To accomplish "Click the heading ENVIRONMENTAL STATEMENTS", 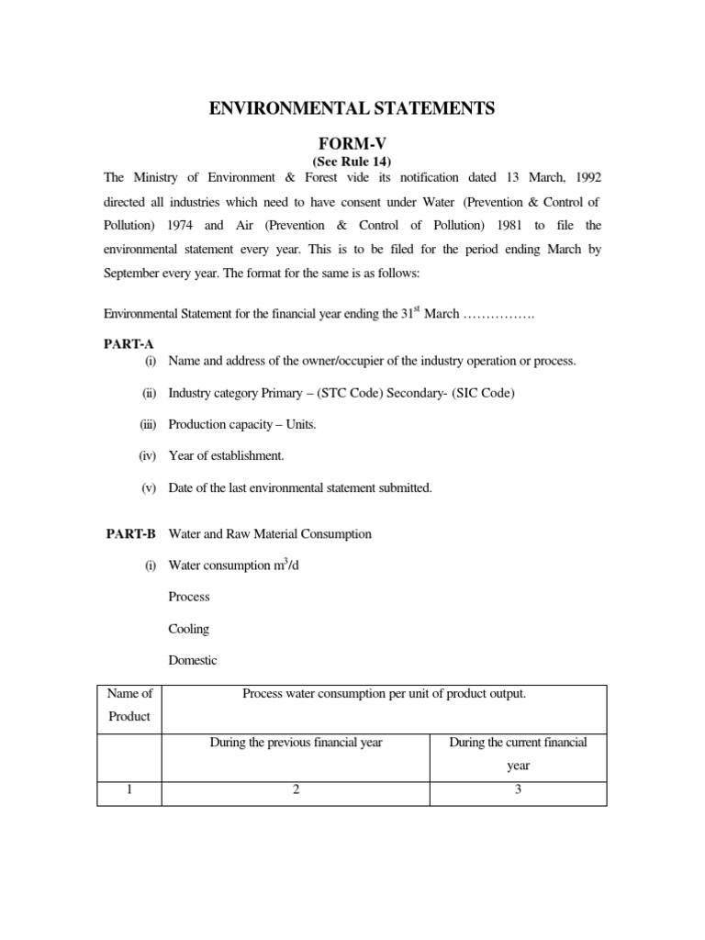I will (352, 109).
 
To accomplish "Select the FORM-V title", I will (352, 143).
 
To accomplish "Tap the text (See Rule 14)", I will (352, 162).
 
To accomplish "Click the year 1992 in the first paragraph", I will (586, 176).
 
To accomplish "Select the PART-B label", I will (123, 533).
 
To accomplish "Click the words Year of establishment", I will (226, 455).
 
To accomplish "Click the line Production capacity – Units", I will (242, 424).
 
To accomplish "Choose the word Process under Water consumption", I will (189, 597).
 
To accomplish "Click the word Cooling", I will (189, 629).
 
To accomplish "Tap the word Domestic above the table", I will (193, 661).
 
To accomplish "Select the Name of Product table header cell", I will (129, 705).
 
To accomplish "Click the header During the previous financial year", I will (296, 743).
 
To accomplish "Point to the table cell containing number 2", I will (296, 792).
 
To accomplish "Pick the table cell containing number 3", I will (518, 792).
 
